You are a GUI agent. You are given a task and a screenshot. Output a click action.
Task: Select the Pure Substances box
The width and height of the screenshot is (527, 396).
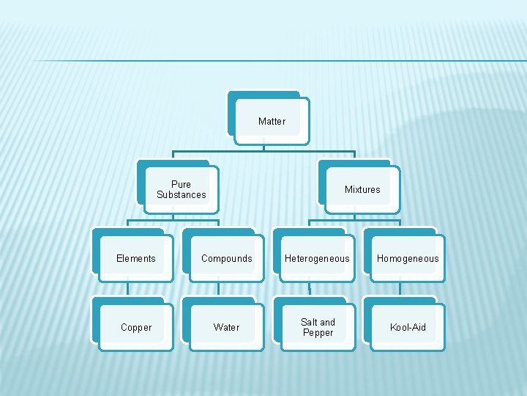point(181,190)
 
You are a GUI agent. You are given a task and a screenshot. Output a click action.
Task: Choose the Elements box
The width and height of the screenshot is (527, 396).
point(136,259)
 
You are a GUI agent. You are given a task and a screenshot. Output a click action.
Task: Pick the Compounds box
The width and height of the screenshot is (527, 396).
point(226,259)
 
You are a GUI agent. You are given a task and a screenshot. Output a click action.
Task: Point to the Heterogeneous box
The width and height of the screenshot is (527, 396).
point(317,259)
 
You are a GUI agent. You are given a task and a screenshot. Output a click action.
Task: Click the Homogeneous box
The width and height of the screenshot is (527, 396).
point(408,259)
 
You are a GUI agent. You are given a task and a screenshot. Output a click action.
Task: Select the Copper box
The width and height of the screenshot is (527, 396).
point(136,328)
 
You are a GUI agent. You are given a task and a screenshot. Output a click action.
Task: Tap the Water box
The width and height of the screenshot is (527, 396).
point(226,328)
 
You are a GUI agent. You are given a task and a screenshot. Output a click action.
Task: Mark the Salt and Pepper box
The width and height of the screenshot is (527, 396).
point(317,328)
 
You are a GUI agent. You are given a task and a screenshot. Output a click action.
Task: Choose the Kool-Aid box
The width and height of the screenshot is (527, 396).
point(408,328)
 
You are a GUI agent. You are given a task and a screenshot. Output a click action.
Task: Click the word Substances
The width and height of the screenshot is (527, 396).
point(182,195)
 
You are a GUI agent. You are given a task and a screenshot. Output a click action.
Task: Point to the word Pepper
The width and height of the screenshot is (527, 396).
point(318,333)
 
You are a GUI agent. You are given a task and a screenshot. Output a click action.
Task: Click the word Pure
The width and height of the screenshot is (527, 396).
point(181,185)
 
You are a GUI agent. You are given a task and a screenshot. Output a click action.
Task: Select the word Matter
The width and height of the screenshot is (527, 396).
point(272,122)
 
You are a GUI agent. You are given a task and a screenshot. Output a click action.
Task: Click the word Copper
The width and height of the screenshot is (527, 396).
point(136,328)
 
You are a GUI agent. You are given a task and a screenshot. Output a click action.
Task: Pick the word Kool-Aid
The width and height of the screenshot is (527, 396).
point(408,328)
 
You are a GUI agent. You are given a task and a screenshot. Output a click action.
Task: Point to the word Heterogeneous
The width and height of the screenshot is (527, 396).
point(317,259)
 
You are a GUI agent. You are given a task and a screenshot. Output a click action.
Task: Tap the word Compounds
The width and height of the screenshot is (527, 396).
point(226,259)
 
